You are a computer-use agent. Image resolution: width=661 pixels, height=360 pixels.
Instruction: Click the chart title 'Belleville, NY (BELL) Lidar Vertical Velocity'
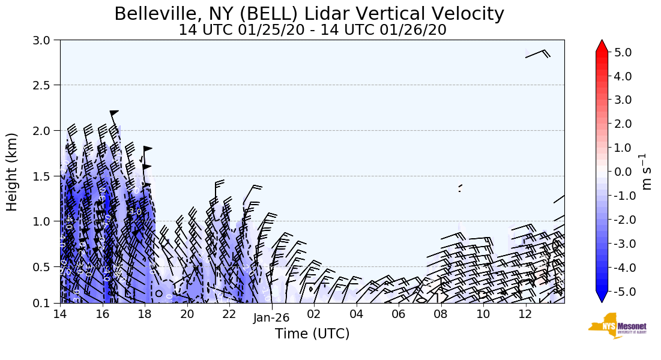[x=309, y=13]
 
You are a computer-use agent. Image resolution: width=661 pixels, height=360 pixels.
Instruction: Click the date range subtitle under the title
[x=312, y=30]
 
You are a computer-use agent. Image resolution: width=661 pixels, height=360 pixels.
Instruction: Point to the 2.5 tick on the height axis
[x=45, y=85]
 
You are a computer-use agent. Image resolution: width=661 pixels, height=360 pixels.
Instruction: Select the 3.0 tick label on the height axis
[x=45, y=40]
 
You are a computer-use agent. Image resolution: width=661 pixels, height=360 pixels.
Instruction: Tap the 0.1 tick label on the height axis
[x=45, y=304]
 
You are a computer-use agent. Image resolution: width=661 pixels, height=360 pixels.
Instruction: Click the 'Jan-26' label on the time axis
[x=272, y=319]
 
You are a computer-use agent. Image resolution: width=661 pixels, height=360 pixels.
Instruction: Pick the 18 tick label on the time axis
[x=145, y=314]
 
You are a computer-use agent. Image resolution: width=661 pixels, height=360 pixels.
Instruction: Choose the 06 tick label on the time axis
[x=399, y=314]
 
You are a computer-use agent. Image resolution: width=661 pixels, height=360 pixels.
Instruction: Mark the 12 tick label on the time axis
[x=526, y=314]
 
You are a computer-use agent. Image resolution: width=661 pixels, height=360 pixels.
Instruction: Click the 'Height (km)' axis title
[x=13, y=172]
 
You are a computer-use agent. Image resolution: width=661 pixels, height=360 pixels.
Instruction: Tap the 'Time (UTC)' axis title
[x=312, y=334]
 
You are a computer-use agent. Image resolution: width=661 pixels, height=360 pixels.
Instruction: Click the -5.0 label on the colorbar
[x=620, y=292]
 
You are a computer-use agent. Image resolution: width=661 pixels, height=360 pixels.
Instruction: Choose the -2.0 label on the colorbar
[x=620, y=220]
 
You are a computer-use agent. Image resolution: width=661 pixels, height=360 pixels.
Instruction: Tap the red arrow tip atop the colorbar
[x=602, y=45]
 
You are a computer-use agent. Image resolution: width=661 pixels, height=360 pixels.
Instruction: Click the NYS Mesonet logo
[x=613, y=326]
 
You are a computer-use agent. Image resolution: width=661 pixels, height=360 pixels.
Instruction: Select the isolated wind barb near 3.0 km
[x=538, y=54]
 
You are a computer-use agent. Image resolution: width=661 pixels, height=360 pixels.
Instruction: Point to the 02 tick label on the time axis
[x=314, y=314]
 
